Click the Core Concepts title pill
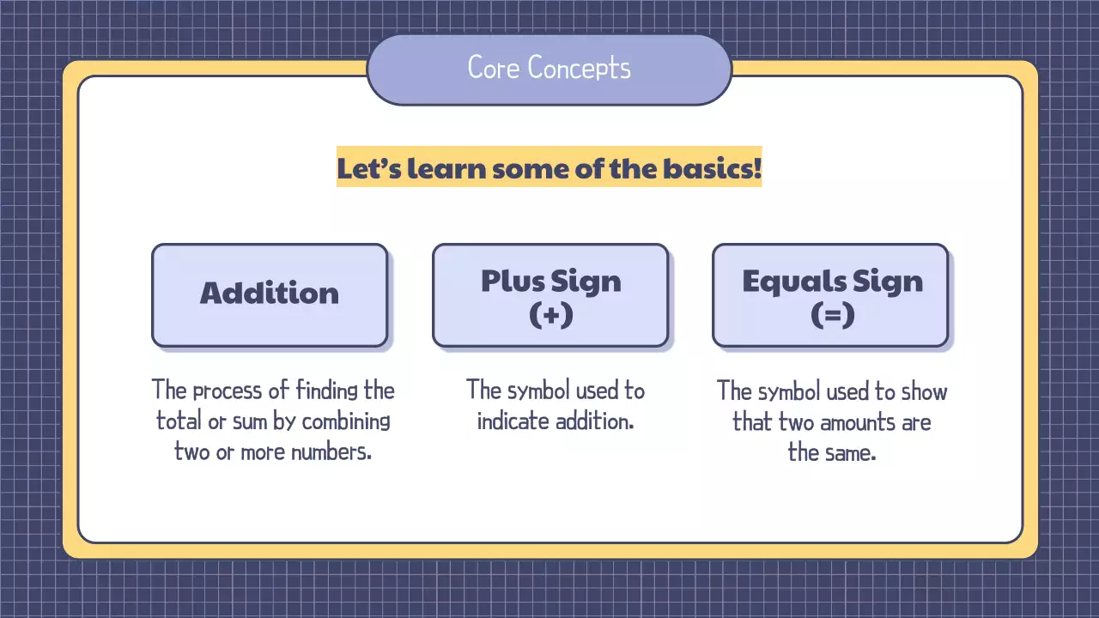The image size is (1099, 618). click(x=549, y=70)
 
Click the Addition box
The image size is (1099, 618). click(x=270, y=295)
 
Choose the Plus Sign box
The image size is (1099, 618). click(x=549, y=295)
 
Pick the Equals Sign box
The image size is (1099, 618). click(x=830, y=295)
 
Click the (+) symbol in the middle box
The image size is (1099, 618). click(x=550, y=315)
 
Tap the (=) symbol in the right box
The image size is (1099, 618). click(x=832, y=315)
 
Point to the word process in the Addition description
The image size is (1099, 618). click(x=228, y=391)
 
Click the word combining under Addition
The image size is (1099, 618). click(x=346, y=421)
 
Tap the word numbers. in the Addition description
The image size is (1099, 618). click(x=331, y=451)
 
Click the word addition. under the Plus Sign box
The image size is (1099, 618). click(x=596, y=421)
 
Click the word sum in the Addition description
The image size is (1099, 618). click(x=255, y=421)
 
